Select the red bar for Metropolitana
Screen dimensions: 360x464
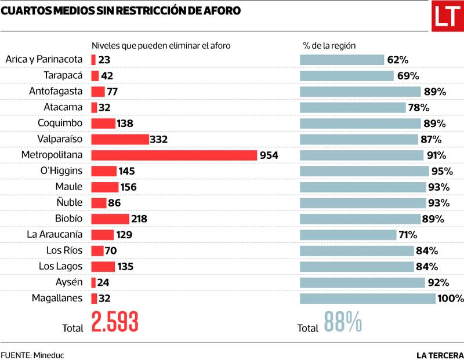174,155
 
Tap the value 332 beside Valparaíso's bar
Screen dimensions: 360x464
158,139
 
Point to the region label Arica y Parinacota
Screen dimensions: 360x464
44,59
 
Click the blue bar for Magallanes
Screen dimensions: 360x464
367,299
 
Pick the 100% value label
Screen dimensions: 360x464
451,299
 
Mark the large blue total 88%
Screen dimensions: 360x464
343,322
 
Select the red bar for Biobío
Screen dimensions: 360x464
110,219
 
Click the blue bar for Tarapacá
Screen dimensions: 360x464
347,75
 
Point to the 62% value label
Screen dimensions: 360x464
398,59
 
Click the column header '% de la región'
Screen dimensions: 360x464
329,45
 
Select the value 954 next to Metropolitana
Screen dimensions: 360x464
269,155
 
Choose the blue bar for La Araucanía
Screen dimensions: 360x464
347,235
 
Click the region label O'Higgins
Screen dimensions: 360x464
61,171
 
